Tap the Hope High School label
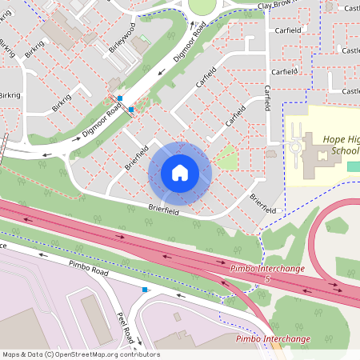[340, 144]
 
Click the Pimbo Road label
[87, 267]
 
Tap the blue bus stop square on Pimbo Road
[145, 290]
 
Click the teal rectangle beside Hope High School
[353, 166]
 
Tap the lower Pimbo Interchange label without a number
[273, 339]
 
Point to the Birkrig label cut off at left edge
[10, 95]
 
